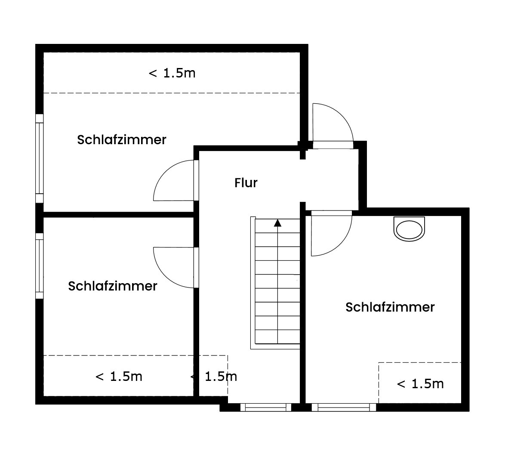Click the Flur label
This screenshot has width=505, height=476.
click(x=246, y=183)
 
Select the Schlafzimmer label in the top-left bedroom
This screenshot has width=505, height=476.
click(x=121, y=140)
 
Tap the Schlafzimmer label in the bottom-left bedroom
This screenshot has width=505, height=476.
click(x=112, y=286)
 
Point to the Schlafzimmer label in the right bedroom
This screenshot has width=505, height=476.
click(x=390, y=307)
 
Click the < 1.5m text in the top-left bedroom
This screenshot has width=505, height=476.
click(x=172, y=73)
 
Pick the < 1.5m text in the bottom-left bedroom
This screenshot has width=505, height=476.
click(x=119, y=377)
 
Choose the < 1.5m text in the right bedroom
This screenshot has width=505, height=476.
click(x=420, y=384)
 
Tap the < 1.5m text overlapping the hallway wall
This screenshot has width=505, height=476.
click(x=214, y=377)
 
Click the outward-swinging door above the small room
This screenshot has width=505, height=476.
click(x=331, y=125)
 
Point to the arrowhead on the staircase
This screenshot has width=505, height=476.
click(x=277, y=223)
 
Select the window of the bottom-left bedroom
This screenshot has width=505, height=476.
click(x=40, y=266)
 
